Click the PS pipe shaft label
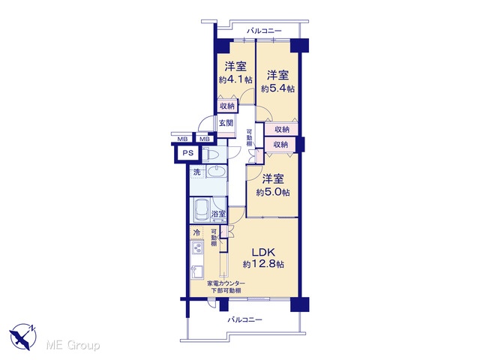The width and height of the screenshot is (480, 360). (188, 153)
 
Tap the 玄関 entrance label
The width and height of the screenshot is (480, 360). (226, 123)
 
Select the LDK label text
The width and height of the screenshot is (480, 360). (263, 252)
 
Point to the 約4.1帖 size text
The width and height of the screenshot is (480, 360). (235, 80)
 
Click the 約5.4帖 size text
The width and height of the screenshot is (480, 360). (277, 88)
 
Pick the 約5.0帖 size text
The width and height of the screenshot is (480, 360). (273, 193)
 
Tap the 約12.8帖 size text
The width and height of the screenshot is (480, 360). (263, 264)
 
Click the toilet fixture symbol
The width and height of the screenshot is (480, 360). (210, 154)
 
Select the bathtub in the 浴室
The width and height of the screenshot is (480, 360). (201, 210)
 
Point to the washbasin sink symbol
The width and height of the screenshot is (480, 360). (217, 172)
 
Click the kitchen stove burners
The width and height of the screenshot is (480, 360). (197, 248)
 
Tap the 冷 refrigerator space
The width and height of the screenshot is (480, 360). (196, 232)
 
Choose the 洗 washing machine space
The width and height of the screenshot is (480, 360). (197, 172)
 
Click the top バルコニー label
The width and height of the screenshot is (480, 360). (264, 31)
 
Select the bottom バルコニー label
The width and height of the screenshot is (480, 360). (244, 320)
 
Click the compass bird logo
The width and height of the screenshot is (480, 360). (23, 336)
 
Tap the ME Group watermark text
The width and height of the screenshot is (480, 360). (73, 345)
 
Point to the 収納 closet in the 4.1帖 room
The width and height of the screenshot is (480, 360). (227, 106)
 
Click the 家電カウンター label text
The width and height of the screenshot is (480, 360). (226, 283)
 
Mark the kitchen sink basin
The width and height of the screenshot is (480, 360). (196, 271)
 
